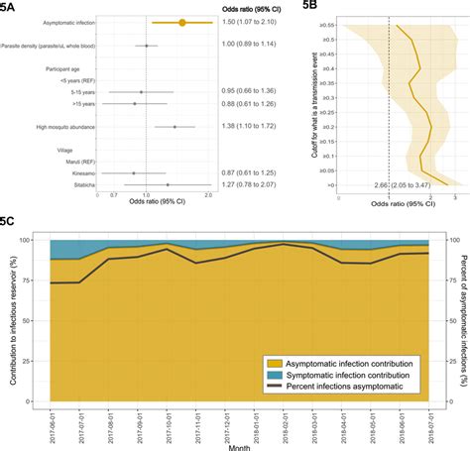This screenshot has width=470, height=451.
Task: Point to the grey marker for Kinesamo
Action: click(x=134, y=172)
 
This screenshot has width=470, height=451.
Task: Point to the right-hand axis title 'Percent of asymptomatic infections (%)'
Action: click(x=462, y=317)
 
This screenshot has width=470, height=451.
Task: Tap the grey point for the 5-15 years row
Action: click(x=142, y=91)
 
